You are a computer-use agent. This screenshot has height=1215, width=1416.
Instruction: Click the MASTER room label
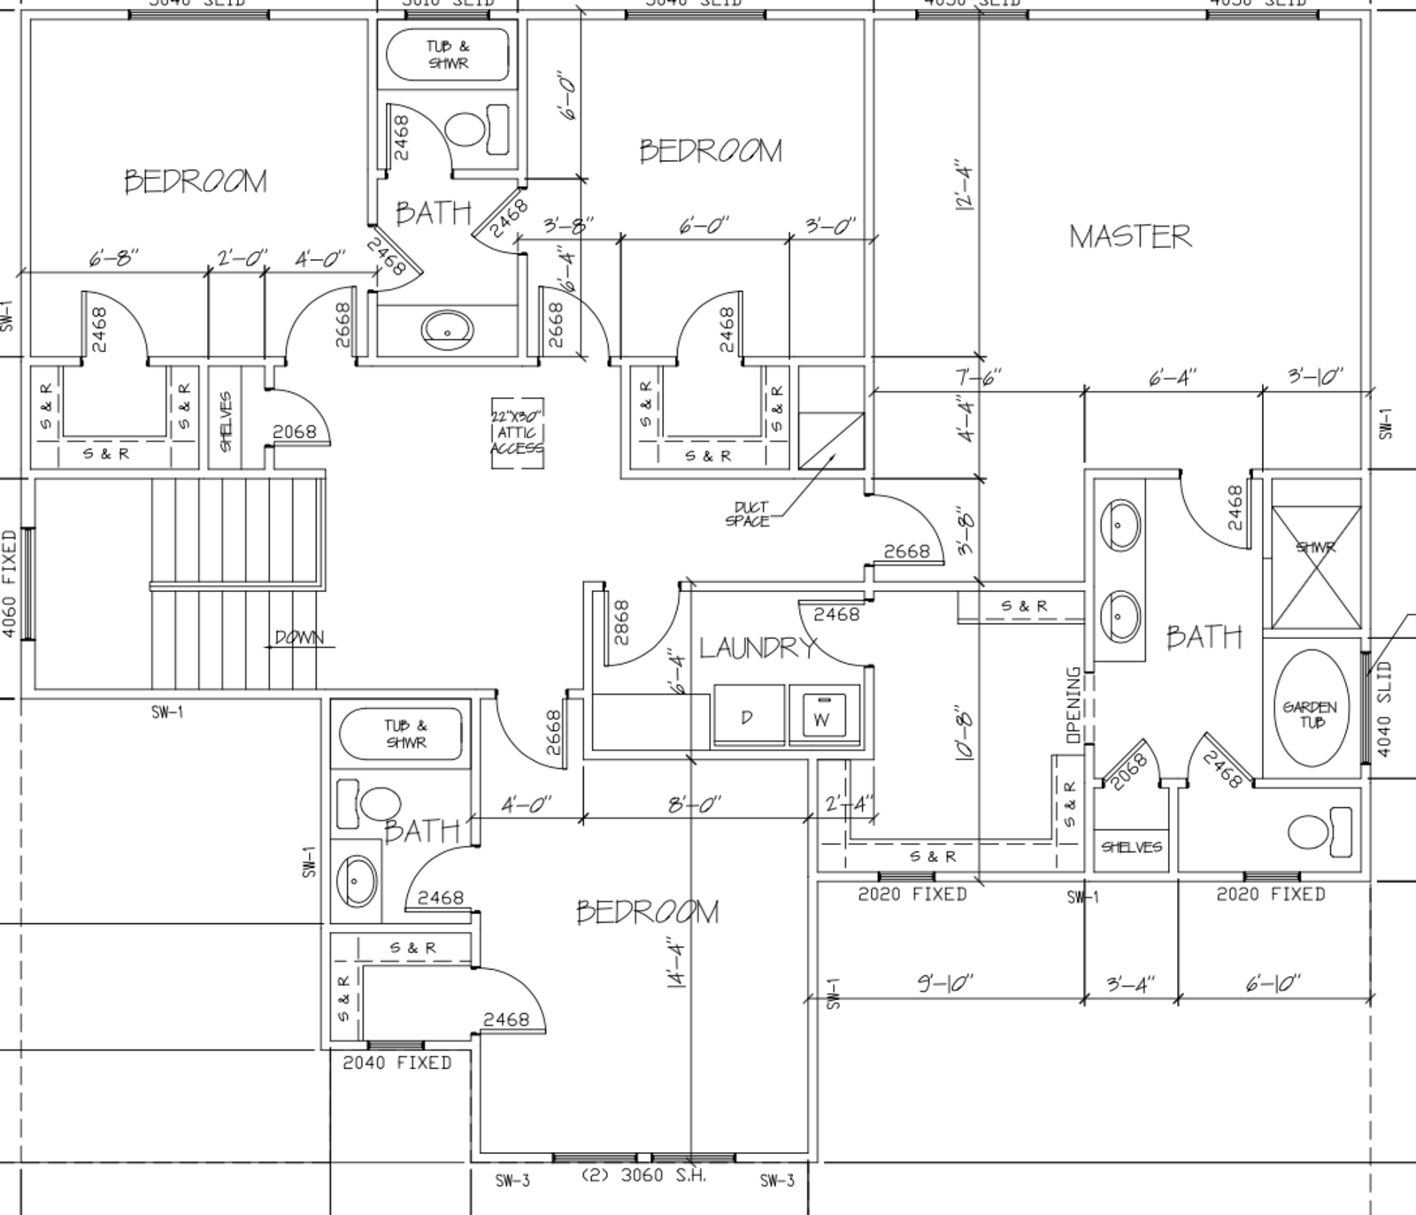[1129, 236]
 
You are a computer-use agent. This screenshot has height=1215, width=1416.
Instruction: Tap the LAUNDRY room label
[758, 648]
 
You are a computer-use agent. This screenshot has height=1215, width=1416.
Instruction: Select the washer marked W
[824, 714]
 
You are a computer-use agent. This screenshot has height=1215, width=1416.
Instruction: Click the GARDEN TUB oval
[1311, 709]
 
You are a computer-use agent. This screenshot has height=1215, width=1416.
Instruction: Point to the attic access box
[518, 433]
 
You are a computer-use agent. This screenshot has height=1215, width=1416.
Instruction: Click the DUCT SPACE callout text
[749, 514]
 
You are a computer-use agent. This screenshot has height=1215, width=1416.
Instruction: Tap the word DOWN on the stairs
[299, 637]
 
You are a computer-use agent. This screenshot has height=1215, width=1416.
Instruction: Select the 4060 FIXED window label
[10, 584]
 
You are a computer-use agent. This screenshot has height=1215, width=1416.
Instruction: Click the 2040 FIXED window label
[397, 1062]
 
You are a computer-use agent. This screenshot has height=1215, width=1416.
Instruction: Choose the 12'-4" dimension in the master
[964, 185]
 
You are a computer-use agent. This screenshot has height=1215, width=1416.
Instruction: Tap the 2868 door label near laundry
[620, 622]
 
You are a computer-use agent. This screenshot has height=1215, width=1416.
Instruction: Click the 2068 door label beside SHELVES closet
[294, 432]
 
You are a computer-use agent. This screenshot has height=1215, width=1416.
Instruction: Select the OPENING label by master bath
[1074, 704]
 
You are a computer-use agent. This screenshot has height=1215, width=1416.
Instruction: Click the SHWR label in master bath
[1315, 548]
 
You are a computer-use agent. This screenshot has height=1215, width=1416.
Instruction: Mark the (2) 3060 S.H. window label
[643, 1176]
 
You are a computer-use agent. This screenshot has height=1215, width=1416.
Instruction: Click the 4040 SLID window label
[1385, 709]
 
